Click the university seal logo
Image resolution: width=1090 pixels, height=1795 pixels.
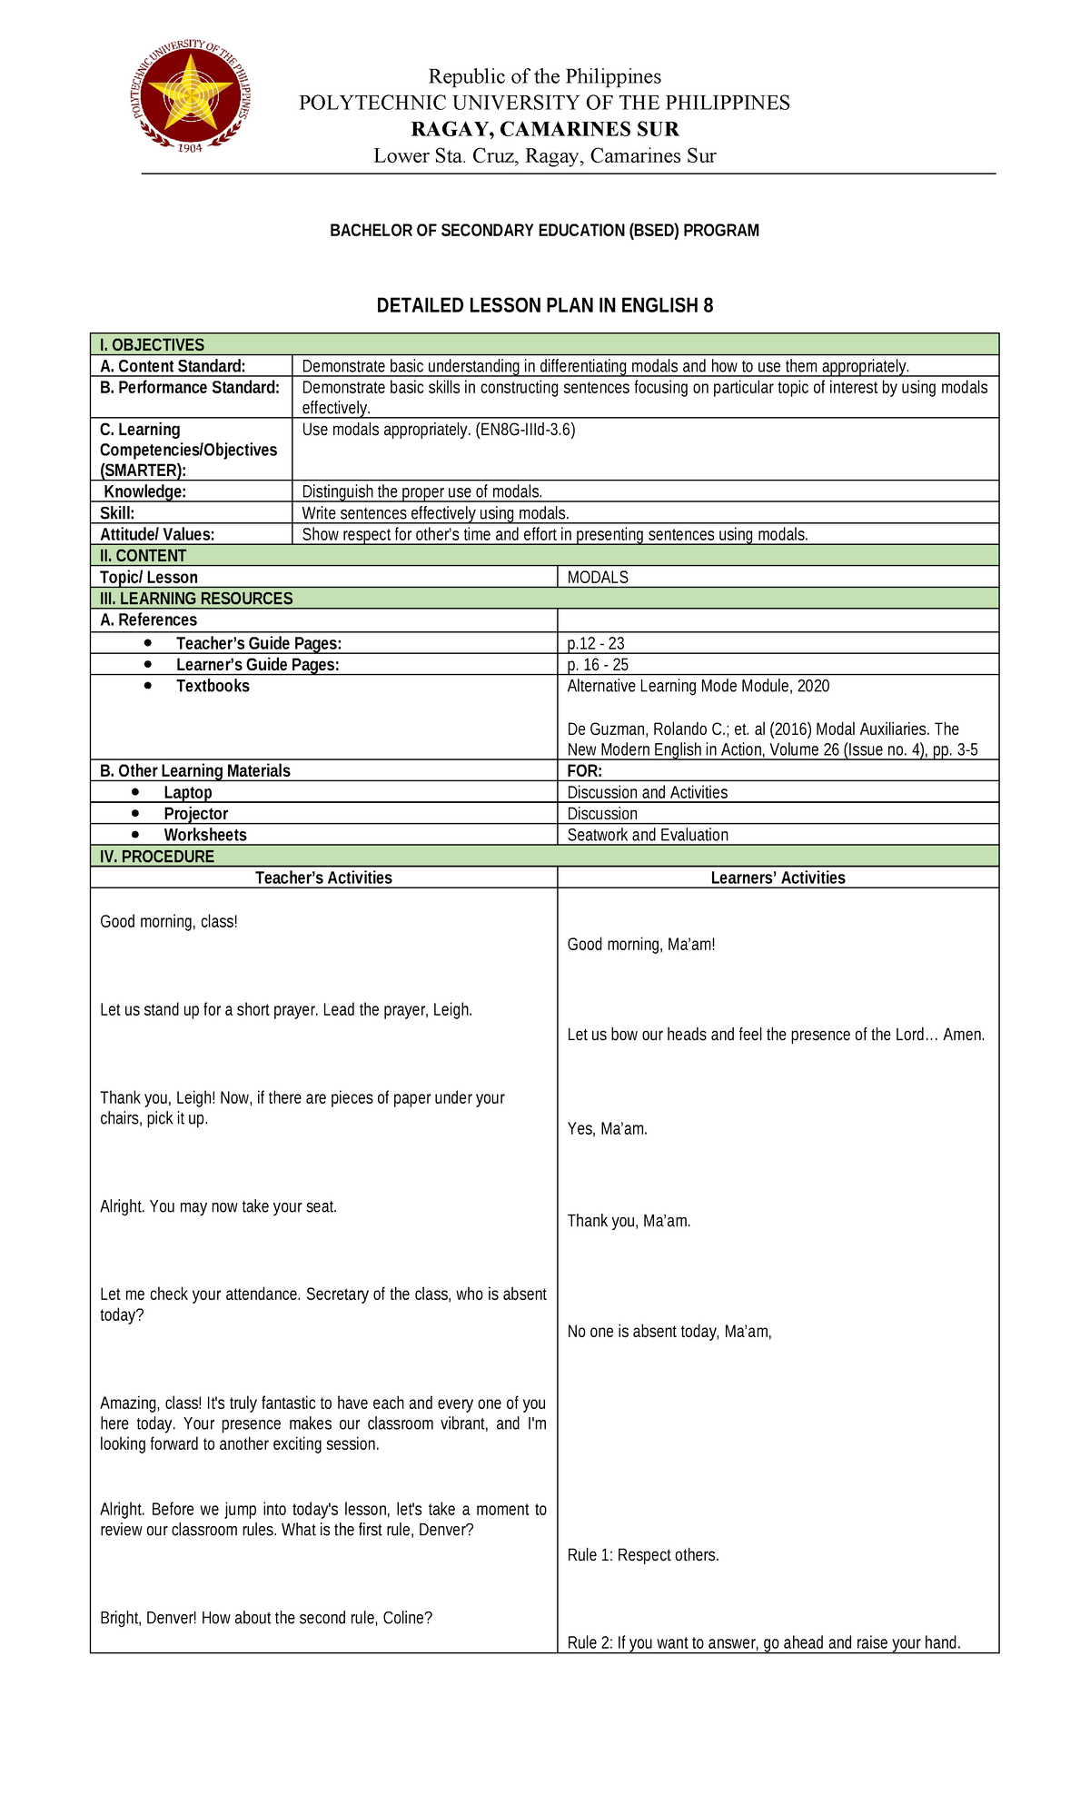(191, 97)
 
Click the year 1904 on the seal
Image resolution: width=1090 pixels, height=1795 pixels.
(189, 147)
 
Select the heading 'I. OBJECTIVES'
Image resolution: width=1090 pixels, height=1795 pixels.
(152, 345)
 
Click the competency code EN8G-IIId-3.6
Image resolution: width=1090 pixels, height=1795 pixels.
(524, 430)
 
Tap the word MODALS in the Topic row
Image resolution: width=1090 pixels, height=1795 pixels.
(597, 578)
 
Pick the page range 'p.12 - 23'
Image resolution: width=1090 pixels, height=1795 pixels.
(595, 644)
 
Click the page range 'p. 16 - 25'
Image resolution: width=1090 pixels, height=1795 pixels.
(597, 665)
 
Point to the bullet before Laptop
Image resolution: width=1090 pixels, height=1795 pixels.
(136, 792)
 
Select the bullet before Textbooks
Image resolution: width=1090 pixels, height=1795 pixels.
(148, 686)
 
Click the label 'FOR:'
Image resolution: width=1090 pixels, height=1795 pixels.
(584, 771)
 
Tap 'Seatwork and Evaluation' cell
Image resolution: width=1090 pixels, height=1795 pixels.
(647, 835)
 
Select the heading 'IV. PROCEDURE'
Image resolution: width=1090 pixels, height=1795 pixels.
(156, 857)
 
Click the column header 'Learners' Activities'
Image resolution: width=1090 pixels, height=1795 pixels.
(778, 878)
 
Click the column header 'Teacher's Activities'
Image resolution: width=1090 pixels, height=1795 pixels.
(323, 878)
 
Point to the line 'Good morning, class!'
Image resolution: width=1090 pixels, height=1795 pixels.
(169, 922)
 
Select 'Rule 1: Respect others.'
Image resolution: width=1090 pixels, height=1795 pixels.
(642, 1555)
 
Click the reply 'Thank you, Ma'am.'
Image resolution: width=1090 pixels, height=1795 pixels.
(629, 1221)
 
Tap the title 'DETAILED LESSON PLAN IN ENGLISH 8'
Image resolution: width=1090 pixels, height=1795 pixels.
(544, 306)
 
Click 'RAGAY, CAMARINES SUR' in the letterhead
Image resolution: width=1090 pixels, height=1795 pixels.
(544, 129)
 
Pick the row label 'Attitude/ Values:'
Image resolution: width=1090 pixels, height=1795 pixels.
(157, 535)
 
